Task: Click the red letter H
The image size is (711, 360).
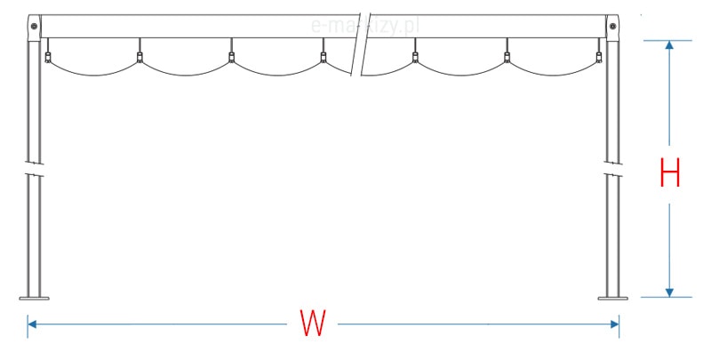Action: coord(670,172)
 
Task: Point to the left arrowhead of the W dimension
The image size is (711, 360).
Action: coord(33,324)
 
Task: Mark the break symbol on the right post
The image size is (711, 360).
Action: coord(611,169)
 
